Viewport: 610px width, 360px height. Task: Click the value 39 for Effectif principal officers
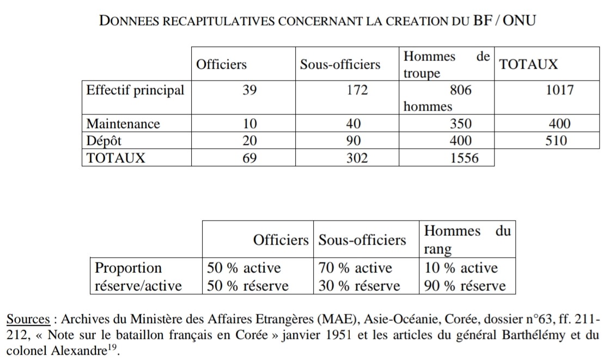point(249,90)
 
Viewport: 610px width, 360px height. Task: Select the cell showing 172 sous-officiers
point(357,90)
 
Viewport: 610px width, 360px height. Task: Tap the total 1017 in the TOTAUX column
point(559,90)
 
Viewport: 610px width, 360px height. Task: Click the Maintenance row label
point(123,124)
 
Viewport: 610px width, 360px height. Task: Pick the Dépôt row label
point(104,141)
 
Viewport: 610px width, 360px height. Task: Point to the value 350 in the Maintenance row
point(461,124)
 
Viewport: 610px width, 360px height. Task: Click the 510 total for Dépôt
point(556,141)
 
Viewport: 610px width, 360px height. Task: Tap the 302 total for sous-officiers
point(357,158)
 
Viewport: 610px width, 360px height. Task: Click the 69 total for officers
point(249,158)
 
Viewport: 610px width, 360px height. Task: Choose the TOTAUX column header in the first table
point(528,64)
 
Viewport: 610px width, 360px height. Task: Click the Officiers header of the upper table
point(221,64)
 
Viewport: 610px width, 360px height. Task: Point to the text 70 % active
point(355,268)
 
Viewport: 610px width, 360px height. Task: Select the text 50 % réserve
point(247,285)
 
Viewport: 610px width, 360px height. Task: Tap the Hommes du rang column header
point(467,240)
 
